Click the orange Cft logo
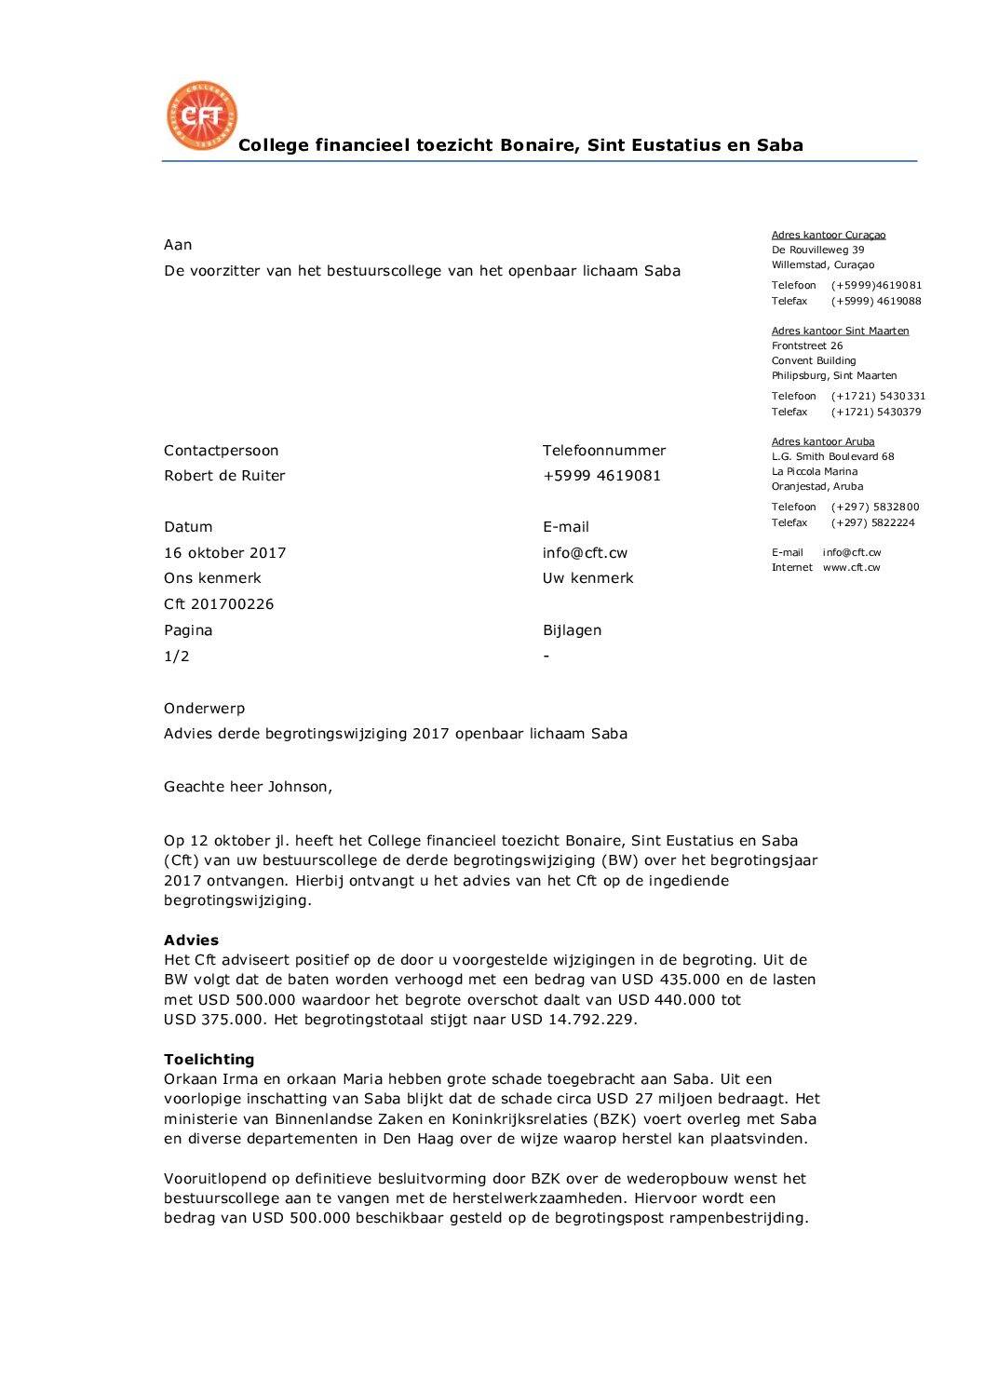pos(202,115)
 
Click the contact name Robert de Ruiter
pos(224,476)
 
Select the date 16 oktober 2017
pos(225,553)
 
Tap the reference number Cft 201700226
pos(219,604)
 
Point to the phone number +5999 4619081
pos(601,476)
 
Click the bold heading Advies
pos(191,941)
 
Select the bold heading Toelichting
pos(209,1060)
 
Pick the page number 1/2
pos(177,656)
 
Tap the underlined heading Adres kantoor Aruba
pos(823,441)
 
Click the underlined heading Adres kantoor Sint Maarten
pos(840,331)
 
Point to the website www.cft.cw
pos(851,567)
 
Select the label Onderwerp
pos(204,709)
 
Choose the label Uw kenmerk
pos(587,578)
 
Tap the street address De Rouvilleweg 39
pos(817,250)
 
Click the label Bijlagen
pos(572,630)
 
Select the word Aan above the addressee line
pos(178,245)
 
